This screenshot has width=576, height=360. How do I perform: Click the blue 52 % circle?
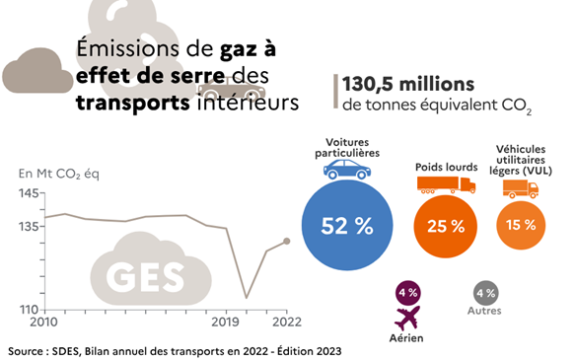(x=346, y=225)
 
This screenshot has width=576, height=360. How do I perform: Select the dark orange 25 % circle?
(x=444, y=226)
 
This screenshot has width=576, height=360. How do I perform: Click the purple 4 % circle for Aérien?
(x=406, y=292)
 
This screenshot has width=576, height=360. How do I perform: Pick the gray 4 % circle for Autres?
(x=485, y=292)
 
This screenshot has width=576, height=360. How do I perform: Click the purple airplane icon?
(x=406, y=319)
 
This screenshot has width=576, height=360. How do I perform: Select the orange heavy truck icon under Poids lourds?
(x=438, y=183)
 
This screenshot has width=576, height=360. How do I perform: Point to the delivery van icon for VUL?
(x=519, y=188)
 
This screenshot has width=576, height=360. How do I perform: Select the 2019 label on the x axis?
(x=226, y=322)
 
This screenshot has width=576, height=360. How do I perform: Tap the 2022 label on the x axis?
(x=285, y=322)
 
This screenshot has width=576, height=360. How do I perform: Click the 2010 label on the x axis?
(x=43, y=322)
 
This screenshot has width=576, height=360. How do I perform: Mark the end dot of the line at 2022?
(x=286, y=241)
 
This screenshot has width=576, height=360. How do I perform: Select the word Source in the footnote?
(x=31, y=350)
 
